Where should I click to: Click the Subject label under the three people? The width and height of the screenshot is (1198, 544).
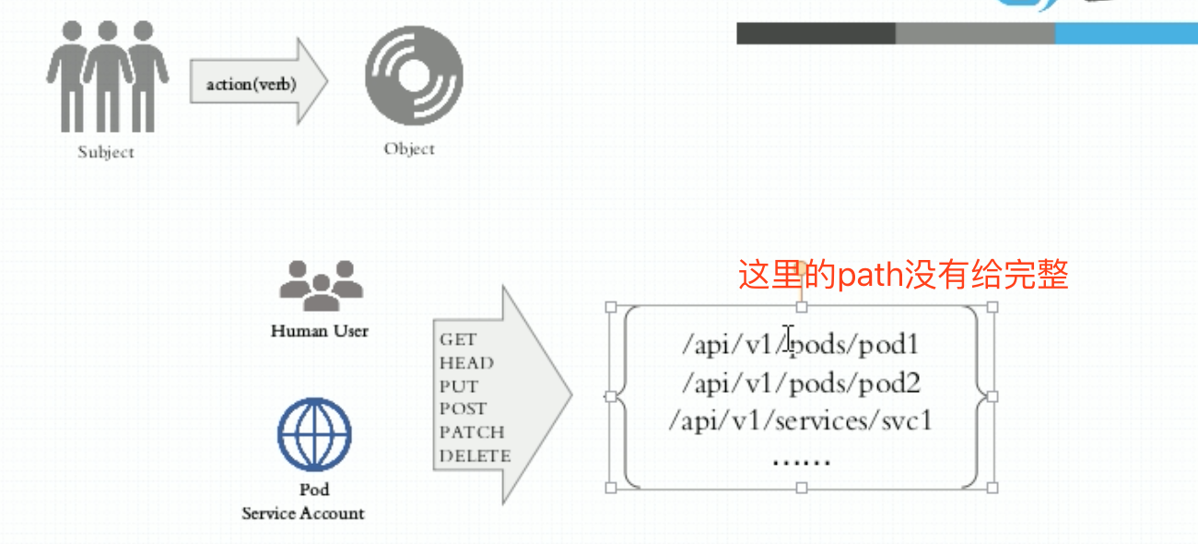[x=106, y=153]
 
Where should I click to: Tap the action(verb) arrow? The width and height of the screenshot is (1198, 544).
[x=258, y=84]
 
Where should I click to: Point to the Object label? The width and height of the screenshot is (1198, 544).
[x=409, y=148]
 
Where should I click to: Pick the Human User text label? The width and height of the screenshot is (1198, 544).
[x=320, y=331]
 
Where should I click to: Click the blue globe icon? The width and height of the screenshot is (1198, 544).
[x=315, y=433]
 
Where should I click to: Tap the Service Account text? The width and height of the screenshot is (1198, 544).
[x=303, y=514]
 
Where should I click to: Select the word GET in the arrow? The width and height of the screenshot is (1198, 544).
[x=458, y=340]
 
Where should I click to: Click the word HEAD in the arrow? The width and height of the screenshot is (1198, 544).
[x=466, y=363]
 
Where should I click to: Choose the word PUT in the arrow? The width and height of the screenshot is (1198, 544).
[x=459, y=386]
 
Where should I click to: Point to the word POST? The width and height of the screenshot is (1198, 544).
[x=463, y=408]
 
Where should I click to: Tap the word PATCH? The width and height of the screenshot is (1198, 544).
[x=472, y=432]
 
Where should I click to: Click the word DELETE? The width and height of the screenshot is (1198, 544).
[x=475, y=455]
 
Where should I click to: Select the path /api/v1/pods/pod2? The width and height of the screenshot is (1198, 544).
[x=801, y=383]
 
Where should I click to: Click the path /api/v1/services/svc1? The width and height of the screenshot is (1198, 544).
[x=801, y=420]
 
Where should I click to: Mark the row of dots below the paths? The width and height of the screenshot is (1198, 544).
[x=801, y=458]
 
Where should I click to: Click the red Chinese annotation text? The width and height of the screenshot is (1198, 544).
[x=903, y=275]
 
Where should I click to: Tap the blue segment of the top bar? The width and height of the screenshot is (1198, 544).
[x=1126, y=34]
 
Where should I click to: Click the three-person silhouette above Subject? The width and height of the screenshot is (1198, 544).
[x=107, y=76]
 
